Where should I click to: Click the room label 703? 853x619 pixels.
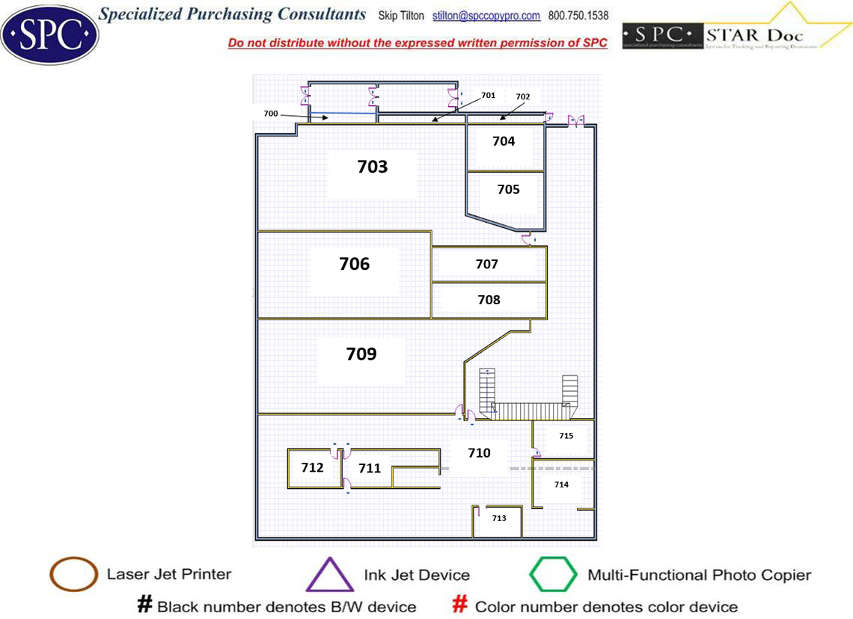click(373, 167)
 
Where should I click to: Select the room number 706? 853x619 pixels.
click(355, 264)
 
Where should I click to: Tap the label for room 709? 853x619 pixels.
click(361, 354)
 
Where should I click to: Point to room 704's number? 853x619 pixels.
click(504, 141)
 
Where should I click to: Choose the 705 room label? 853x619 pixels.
click(508, 190)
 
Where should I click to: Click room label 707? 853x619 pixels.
click(486, 264)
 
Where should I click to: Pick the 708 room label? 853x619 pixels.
click(489, 300)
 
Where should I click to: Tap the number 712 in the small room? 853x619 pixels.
click(312, 467)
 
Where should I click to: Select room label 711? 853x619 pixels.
click(370, 469)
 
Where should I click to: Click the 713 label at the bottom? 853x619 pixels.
click(499, 518)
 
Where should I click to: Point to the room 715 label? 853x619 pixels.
click(566, 436)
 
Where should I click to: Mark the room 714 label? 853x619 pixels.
click(561, 484)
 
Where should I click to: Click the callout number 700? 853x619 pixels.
click(271, 113)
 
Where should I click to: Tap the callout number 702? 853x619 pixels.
click(522, 96)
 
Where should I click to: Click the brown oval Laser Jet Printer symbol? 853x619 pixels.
click(73, 575)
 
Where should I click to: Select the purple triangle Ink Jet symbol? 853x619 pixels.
click(330, 575)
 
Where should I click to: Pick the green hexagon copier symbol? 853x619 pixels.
click(554, 575)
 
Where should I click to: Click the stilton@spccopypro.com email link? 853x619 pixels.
click(486, 16)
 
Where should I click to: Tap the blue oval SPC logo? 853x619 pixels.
click(49, 33)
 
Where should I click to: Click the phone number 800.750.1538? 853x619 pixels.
click(578, 16)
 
